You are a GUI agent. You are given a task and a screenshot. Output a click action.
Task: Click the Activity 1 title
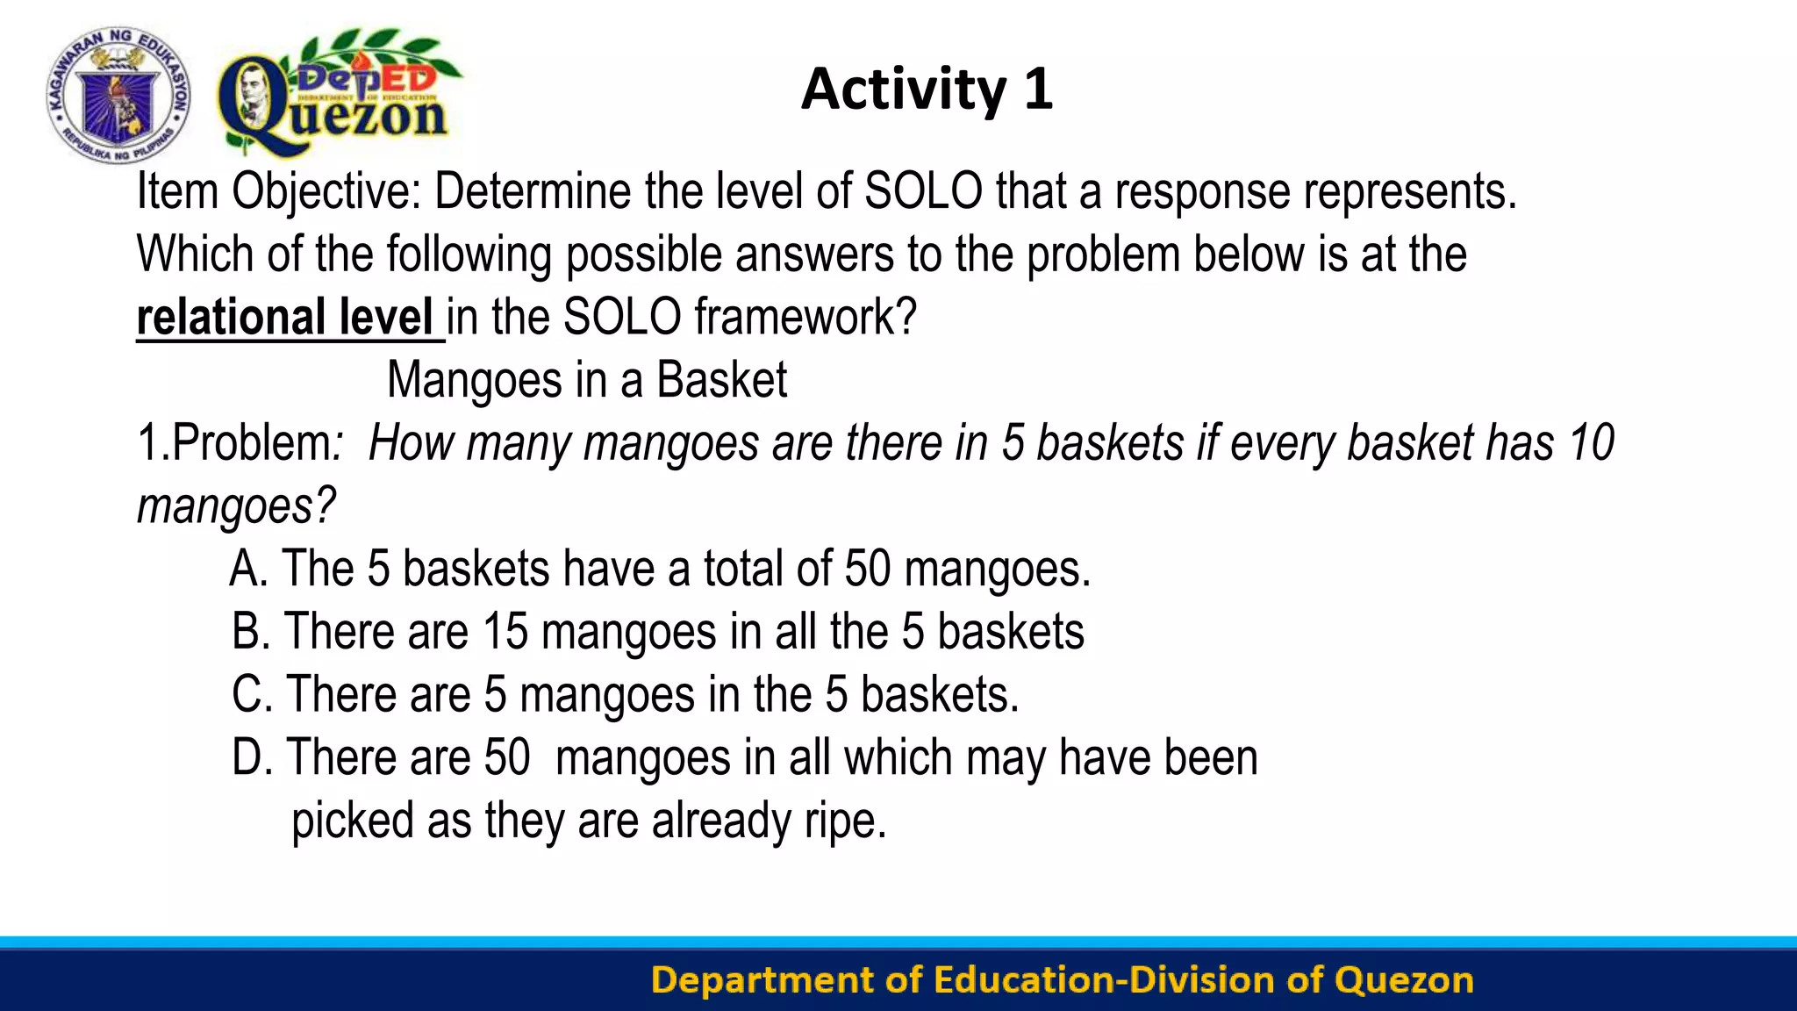tap(927, 90)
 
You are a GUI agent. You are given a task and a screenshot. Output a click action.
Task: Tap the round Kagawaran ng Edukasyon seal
tap(118, 95)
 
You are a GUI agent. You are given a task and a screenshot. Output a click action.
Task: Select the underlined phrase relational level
tap(285, 317)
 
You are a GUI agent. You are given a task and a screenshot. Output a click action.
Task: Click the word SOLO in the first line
tap(923, 191)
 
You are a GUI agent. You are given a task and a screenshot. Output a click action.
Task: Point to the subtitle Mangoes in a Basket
tap(586, 380)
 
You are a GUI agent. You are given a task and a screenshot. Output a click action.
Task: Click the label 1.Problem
tap(234, 442)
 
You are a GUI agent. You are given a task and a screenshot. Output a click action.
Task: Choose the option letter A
tap(247, 569)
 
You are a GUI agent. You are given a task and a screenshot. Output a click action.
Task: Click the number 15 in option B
tap(505, 632)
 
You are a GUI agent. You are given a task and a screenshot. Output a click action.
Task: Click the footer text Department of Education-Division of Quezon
tap(1062, 980)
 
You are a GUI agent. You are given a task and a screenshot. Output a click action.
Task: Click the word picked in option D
tap(352, 821)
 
